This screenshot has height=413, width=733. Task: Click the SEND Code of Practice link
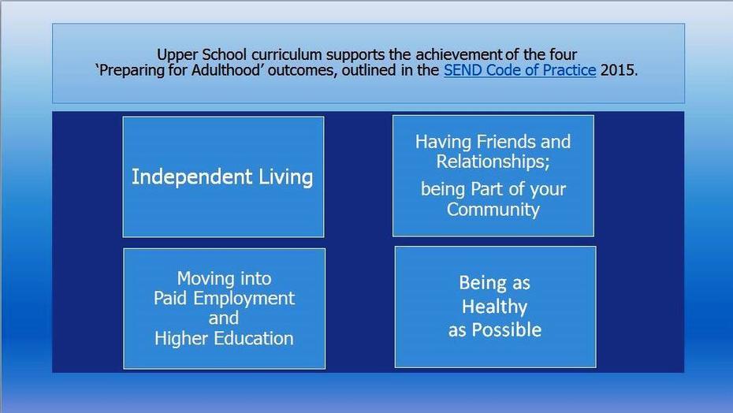coord(520,70)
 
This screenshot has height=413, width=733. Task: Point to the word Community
coord(493,209)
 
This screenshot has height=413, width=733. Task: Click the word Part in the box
coord(487,189)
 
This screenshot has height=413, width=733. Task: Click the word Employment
coord(244,299)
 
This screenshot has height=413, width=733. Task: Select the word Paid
coord(170,298)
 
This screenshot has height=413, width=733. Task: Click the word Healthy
coord(495,307)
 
